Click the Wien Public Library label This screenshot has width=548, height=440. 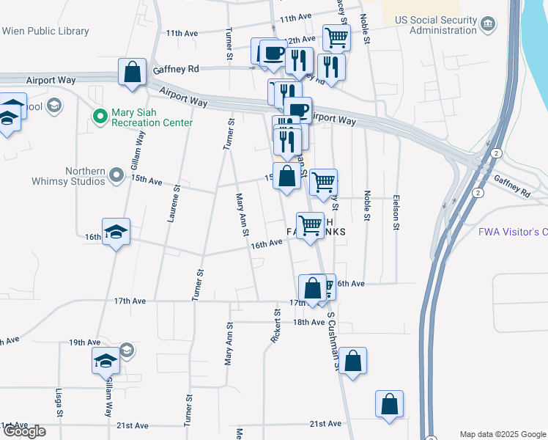(x=45, y=32)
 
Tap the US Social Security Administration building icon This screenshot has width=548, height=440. (x=487, y=25)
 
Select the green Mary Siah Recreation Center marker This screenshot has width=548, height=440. (x=100, y=116)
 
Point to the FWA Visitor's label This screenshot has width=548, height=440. (x=513, y=232)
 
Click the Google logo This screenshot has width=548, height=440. (x=24, y=431)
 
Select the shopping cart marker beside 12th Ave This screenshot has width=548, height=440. (x=336, y=37)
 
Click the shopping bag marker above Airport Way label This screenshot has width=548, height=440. (x=133, y=72)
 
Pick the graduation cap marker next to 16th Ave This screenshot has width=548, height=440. (x=116, y=232)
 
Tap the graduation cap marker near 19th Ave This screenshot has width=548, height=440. (x=105, y=360)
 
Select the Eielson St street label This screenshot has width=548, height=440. (x=396, y=216)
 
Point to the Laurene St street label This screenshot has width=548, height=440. (x=177, y=202)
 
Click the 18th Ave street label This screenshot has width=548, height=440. (x=308, y=322)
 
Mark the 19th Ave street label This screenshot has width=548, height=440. (x=84, y=342)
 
